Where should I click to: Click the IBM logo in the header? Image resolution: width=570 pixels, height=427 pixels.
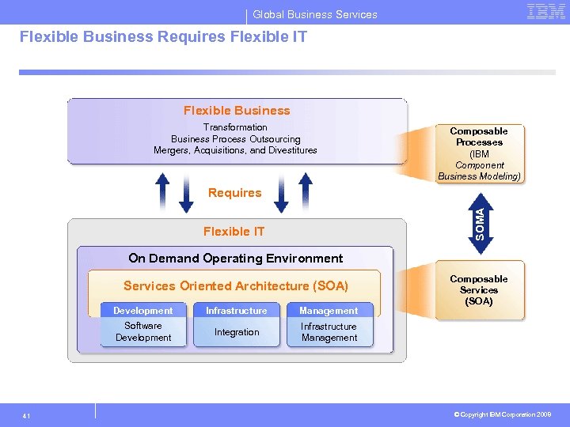[x=545, y=12]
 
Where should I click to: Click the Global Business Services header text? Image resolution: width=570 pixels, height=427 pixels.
[x=315, y=14]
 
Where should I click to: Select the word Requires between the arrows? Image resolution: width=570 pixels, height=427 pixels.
[x=234, y=193]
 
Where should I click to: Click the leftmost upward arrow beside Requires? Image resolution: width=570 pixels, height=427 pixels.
[x=161, y=192]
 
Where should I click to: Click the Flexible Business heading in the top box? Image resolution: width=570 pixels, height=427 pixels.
[x=237, y=111]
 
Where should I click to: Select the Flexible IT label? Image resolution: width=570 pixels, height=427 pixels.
[x=234, y=232]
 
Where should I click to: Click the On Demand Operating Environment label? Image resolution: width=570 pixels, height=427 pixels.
[x=235, y=259]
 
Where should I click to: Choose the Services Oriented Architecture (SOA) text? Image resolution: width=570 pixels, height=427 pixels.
[x=235, y=286]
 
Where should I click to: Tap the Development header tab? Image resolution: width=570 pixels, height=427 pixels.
[x=142, y=311]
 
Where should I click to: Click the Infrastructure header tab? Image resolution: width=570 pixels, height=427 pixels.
[x=237, y=311]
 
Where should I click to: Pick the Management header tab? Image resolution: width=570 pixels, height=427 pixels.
[x=329, y=311]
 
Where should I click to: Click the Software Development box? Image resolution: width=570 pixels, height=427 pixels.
[x=142, y=332]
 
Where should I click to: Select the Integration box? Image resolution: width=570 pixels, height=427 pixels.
[x=237, y=332]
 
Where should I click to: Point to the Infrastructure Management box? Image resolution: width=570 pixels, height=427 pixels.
[x=329, y=332]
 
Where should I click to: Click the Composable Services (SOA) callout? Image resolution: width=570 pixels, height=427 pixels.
[x=479, y=290]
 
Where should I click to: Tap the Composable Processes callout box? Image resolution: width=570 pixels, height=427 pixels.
[x=479, y=153]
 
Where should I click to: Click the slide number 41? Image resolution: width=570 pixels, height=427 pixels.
[x=27, y=415]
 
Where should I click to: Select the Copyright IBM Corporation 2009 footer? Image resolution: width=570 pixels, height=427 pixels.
[x=503, y=414]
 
